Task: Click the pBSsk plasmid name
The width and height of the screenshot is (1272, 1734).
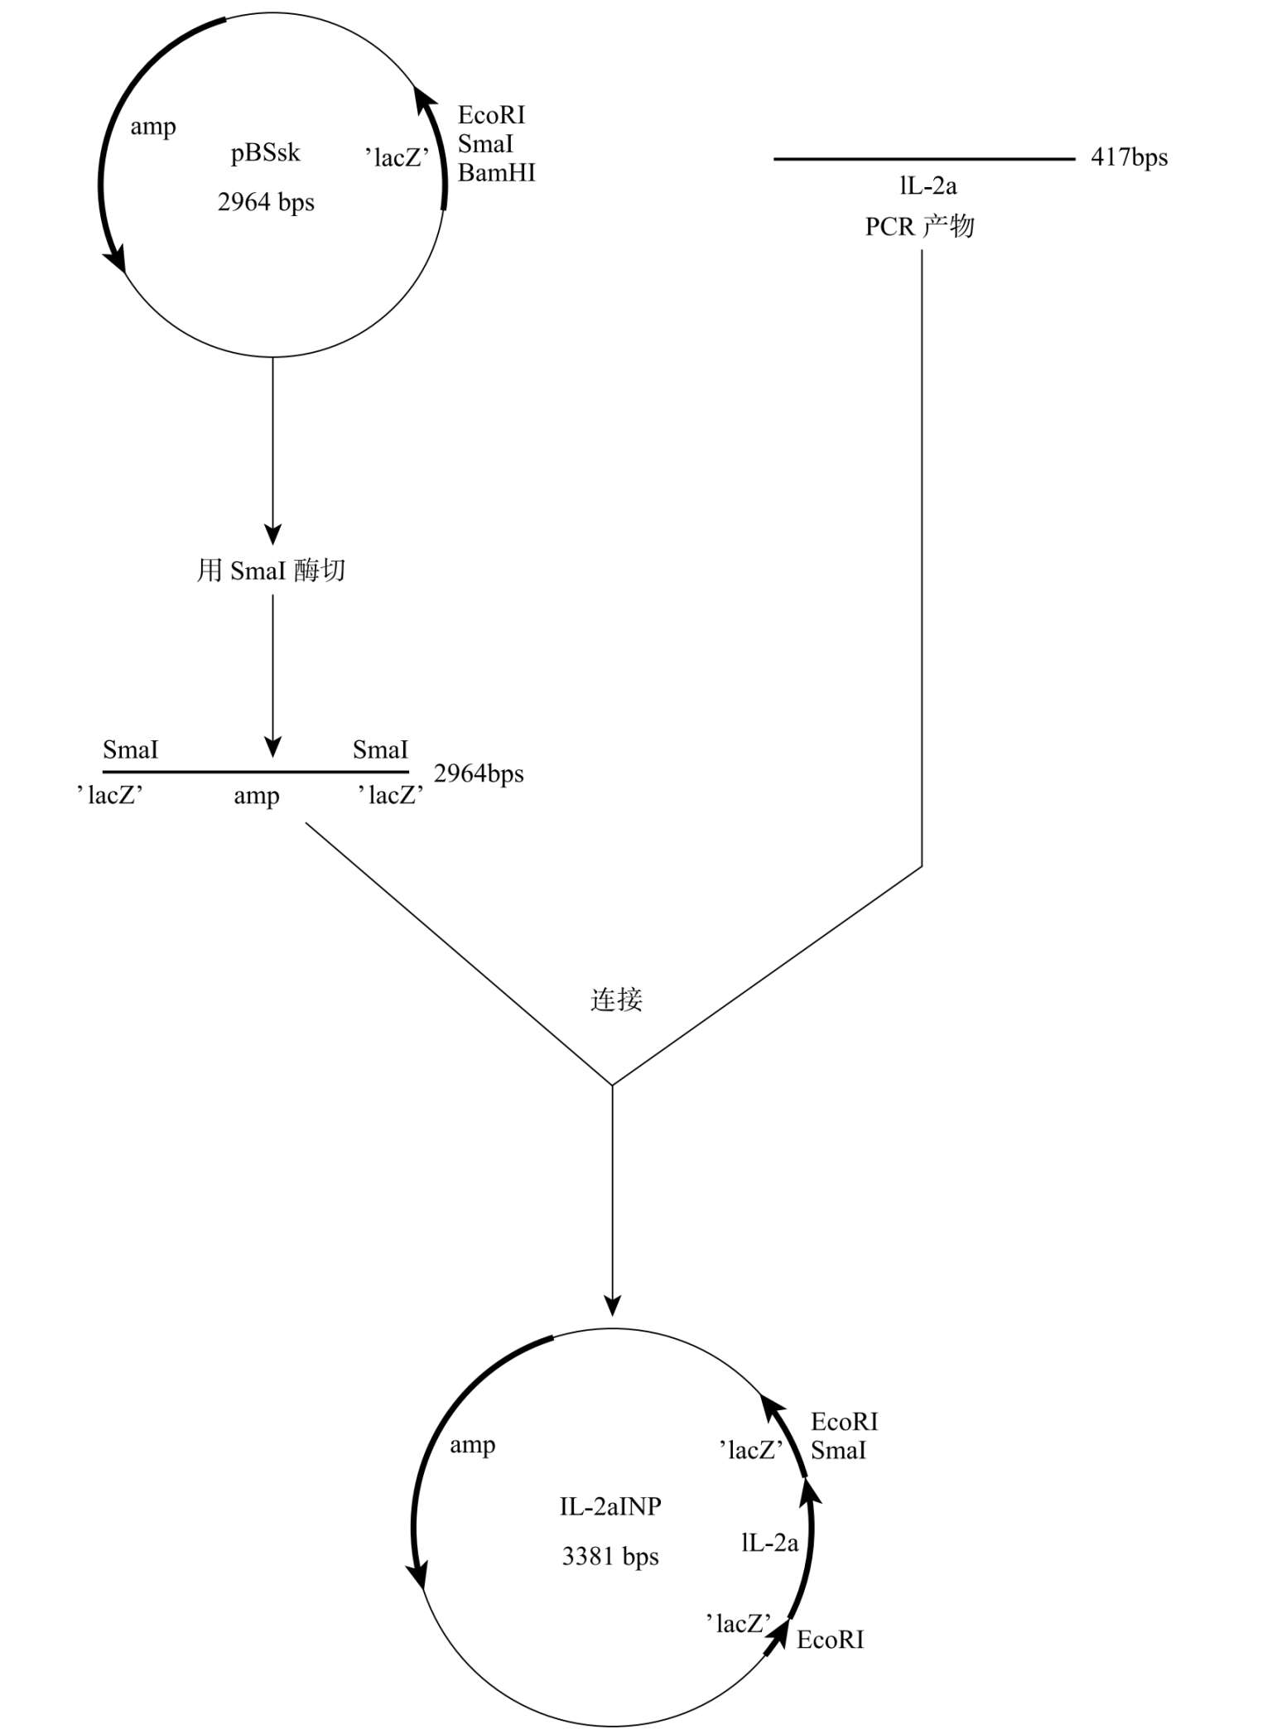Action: point(265,153)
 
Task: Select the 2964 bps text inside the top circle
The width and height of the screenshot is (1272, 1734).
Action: point(266,202)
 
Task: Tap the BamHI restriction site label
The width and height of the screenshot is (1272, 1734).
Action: point(497,173)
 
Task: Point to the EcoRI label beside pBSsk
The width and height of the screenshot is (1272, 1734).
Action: point(491,115)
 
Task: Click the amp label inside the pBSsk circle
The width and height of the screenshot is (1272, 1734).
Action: point(153,128)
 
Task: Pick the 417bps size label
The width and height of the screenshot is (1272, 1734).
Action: point(1130,157)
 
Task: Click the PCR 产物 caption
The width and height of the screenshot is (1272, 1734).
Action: point(920,226)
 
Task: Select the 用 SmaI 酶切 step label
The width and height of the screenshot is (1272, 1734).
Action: point(271,571)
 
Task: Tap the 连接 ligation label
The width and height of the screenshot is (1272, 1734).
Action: point(616,999)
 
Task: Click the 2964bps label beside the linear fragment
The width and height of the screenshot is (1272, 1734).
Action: point(479,773)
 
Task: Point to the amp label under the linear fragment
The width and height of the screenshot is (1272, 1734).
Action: point(257,797)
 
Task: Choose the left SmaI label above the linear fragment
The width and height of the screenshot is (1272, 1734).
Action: point(130,750)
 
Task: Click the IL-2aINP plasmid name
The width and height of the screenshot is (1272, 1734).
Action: point(610,1506)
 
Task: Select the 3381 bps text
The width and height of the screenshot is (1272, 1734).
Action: point(610,1557)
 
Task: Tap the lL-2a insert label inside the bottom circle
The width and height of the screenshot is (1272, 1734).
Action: point(770,1543)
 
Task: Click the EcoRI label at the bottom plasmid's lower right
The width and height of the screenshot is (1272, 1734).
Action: point(831,1640)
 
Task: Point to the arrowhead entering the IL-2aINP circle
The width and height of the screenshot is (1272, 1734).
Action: point(612,1306)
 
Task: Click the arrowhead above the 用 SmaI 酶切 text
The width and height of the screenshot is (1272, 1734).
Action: point(272,534)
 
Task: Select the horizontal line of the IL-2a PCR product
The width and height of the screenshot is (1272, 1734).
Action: point(924,158)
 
